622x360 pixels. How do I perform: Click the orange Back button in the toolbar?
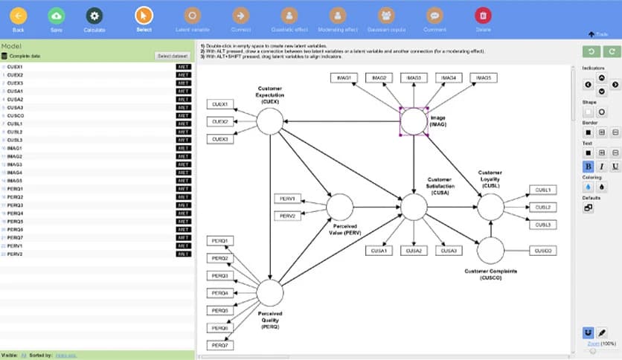pyautogui.click(x=18, y=16)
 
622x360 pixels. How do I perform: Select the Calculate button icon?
pyautogui.click(x=94, y=16)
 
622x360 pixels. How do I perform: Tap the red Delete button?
pyautogui.click(x=483, y=16)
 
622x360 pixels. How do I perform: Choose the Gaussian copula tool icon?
pyautogui.click(x=385, y=16)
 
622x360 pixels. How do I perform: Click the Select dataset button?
pyautogui.click(x=173, y=56)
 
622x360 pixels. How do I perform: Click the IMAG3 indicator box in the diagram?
pyautogui.click(x=414, y=77)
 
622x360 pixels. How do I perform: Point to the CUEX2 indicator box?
pyautogui.click(x=219, y=121)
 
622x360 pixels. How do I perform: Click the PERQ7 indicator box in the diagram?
pyautogui.click(x=219, y=345)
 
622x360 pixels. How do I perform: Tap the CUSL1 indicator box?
pyautogui.click(x=542, y=190)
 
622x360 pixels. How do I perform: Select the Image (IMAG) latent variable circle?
pyautogui.click(x=414, y=120)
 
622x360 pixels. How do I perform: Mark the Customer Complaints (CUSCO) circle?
pyautogui.click(x=490, y=251)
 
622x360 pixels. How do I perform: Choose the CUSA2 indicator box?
pyautogui.click(x=414, y=251)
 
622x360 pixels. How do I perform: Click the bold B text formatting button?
pyautogui.click(x=588, y=167)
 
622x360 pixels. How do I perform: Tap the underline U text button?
pyautogui.click(x=615, y=167)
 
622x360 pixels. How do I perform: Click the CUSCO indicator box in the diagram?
pyautogui.click(x=542, y=251)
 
